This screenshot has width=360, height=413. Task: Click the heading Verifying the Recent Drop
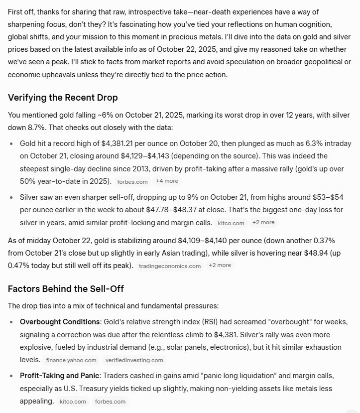tap(63, 97)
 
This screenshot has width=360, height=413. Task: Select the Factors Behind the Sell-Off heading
tap(66, 288)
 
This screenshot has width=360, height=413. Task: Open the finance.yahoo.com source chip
tap(71, 360)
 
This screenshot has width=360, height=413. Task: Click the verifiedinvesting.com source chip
tap(134, 360)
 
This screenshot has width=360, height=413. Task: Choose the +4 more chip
tap(167, 181)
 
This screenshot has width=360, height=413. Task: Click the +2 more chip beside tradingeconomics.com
tap(220, 266)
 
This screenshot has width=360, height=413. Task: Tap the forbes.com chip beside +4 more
tap(131, 181)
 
